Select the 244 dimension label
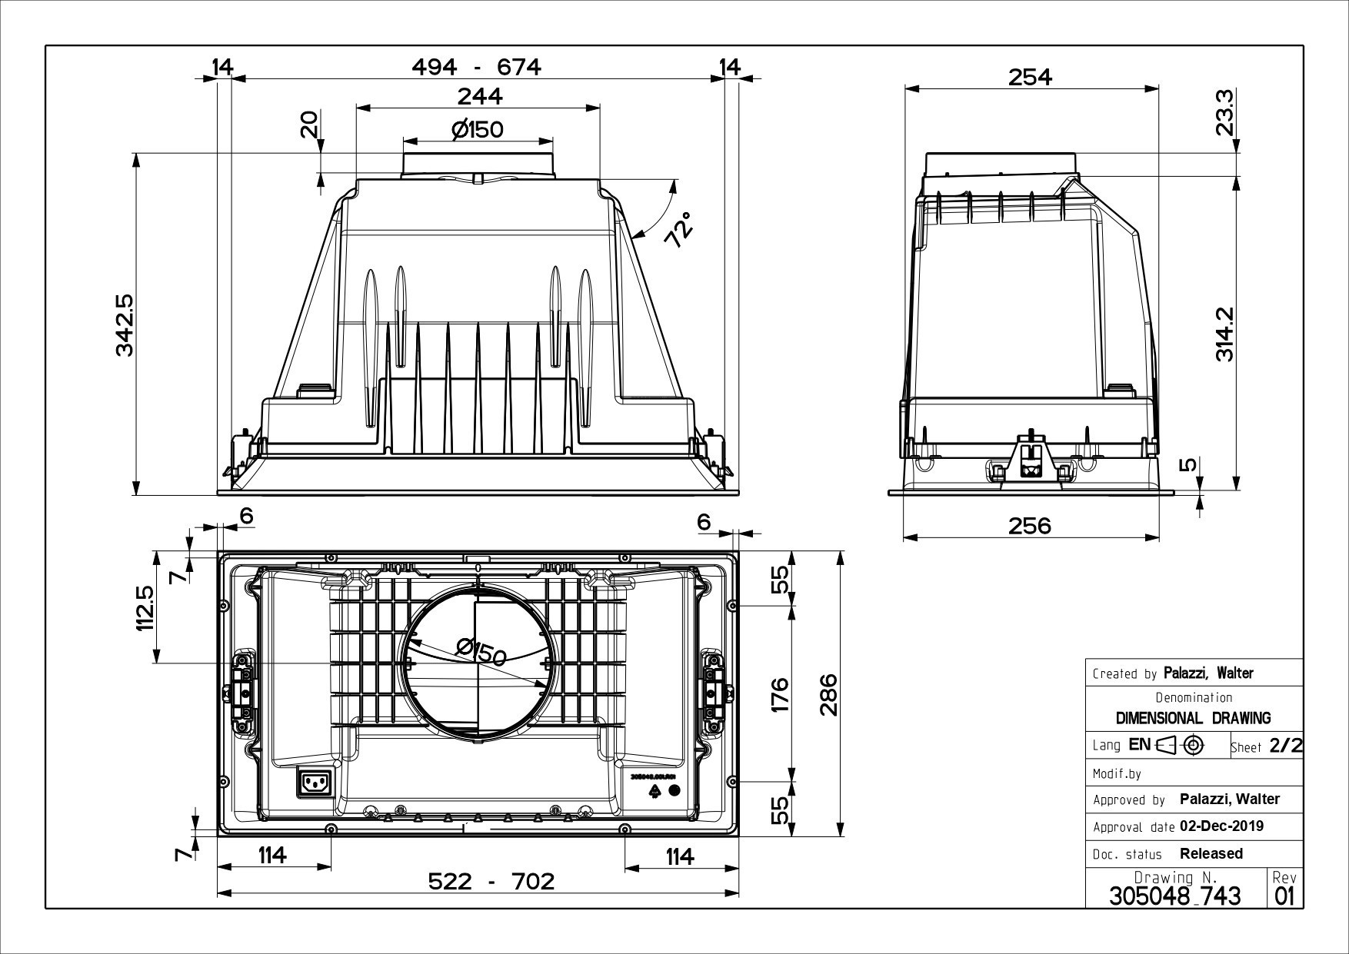pyautogui.click(x=479, y=96)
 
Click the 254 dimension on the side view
pyautogui.click(x=1030, y=77)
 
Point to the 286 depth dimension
pyautogui.click(x=827, y=694)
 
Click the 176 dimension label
pyautogui.click(x=780, y=694)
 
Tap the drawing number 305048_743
pyautogui.click(x=1175, y=896)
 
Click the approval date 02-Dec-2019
pyautogui.click(x=1221, y=827)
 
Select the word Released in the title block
pyautogui.click(x=1211, y=853)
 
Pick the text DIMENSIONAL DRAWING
pyautogui.click(x=1194, y=718)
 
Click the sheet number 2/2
pyautogui.click(x=1286, y=745)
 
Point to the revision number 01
pyautogui.click(x=1284, y=896)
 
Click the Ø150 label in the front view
pyautogui.click(x=478, y=130)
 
